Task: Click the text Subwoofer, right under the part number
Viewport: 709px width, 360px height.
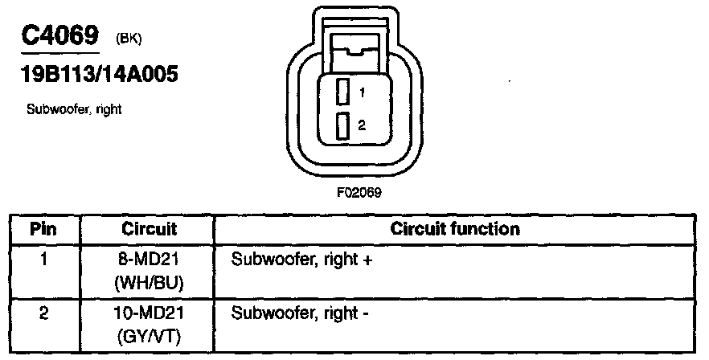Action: pos(74,109)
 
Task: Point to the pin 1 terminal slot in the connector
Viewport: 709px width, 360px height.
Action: pos(342,92)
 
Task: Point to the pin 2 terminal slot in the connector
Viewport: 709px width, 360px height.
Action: pos(342,126)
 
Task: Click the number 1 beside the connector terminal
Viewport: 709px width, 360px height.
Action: pos(363,93)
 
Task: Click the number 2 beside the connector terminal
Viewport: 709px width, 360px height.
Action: pos(363,126)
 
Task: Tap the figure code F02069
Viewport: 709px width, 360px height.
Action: pos(359,193)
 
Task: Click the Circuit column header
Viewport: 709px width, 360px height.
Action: pos(149,229)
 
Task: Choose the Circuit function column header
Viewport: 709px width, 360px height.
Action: pos(454,229)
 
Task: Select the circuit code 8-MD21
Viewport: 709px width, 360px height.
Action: pos(149,260)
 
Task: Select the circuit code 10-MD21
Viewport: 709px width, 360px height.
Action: pos(149,313)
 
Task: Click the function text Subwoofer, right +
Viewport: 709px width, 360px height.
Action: pos(303,260)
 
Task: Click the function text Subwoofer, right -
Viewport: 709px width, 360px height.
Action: pos(300,313)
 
